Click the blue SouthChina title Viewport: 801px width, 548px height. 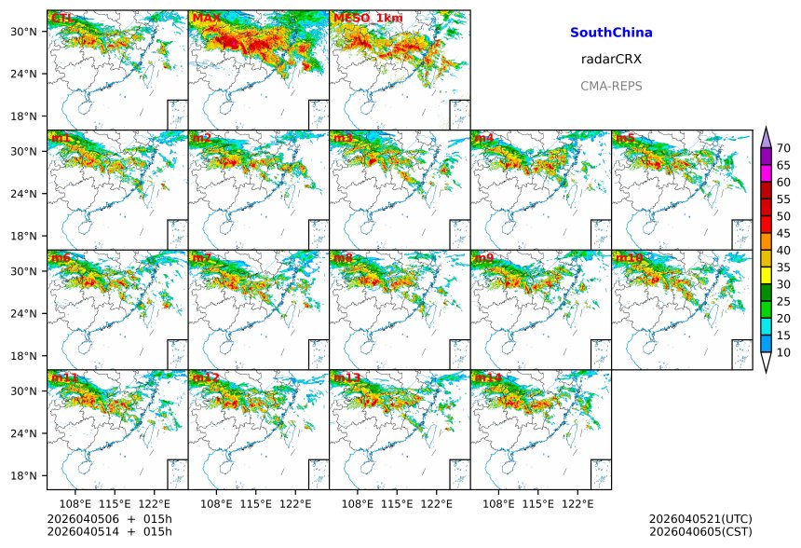click(611, 33)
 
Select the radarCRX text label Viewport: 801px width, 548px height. click(611, 59)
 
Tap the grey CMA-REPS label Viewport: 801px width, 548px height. click(611, 86)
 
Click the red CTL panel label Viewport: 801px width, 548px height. click(60, 18)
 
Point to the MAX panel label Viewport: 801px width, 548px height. click(206, 18)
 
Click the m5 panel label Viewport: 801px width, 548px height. click(624, 138)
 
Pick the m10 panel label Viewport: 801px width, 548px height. click(628, 257)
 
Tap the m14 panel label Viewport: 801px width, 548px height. click(486, 377)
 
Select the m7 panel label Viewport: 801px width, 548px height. click(201, 257)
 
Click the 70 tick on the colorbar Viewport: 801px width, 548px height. click(783, 148)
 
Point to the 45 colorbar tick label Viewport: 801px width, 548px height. click(783, 233)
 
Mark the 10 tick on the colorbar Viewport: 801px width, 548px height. click(783, 352)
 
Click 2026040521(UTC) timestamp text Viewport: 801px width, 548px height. click(700, 518)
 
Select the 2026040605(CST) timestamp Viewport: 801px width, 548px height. click(700, 531)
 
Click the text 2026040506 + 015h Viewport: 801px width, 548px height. click(103, 518)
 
